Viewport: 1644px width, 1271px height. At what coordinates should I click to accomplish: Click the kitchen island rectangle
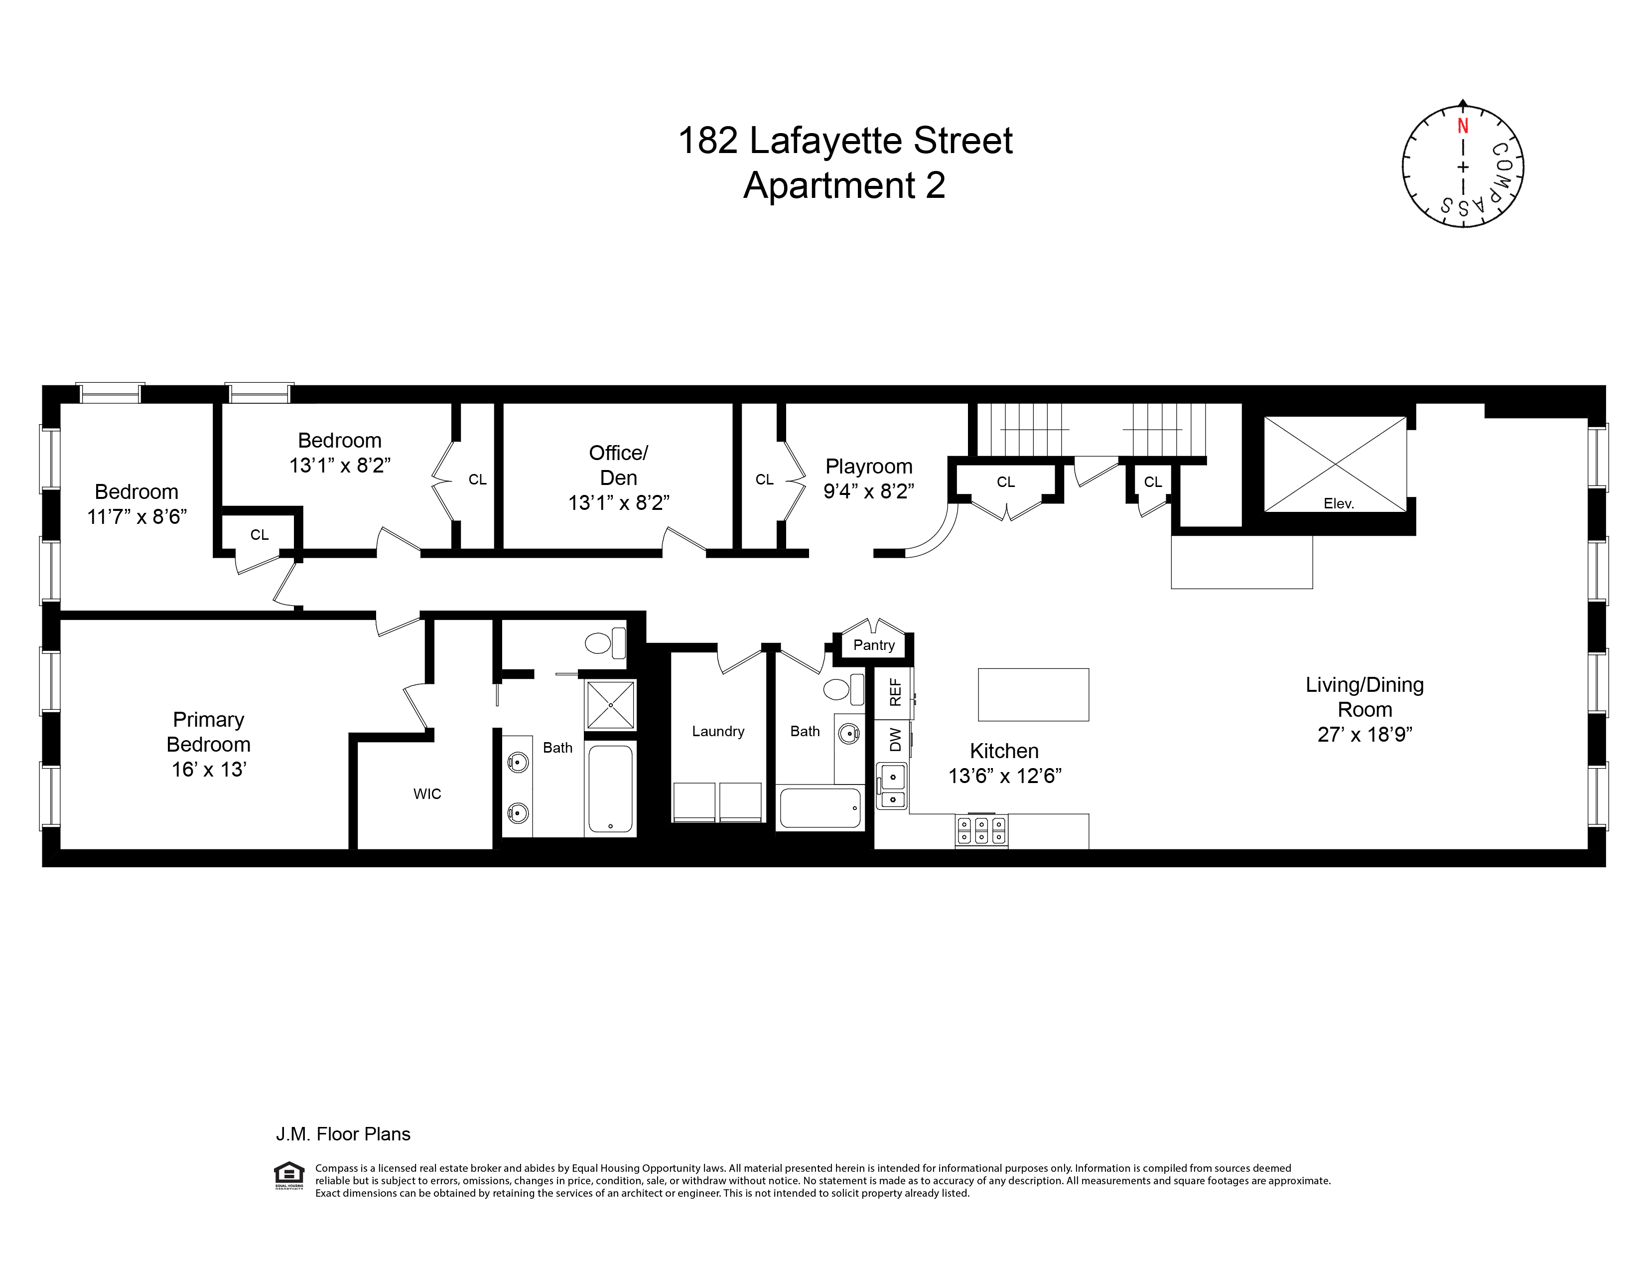click(1033, 694)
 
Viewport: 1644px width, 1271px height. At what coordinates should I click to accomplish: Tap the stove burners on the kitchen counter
click(981, 830)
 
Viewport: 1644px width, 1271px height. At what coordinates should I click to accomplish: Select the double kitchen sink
click(893, 786)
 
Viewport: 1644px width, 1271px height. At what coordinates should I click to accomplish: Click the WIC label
click(427, 794)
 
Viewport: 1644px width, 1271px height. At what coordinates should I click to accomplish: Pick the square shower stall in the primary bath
click(610, 704)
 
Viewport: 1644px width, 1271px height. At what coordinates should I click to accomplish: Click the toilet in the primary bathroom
click(605, 643)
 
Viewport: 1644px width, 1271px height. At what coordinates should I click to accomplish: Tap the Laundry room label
click(718, 731)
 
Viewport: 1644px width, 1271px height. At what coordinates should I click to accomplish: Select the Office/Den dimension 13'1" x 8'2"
click(619, 503)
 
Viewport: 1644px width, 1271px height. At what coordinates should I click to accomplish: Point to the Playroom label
click(869, 466)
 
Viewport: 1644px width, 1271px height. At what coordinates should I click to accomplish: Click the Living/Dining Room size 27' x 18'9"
click(1364, 735)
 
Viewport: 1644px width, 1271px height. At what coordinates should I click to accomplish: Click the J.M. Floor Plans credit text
click(343, 1134)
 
